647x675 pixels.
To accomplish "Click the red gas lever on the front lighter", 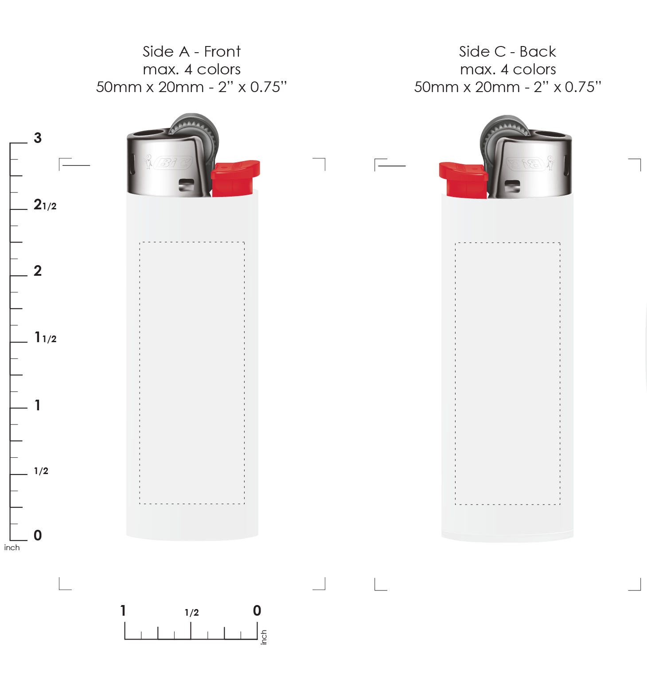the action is pyautogui.click(x=235, y=178).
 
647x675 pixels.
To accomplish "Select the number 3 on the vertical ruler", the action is pyautogui.click(x=38, y=138).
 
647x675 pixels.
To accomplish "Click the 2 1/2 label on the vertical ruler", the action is pyautogui.click(x=45, y=204).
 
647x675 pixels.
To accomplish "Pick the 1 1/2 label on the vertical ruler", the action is pyautogui.click(x=46, y=337).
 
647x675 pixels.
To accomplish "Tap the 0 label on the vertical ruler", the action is pyautogui.click(x=38, y=535).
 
